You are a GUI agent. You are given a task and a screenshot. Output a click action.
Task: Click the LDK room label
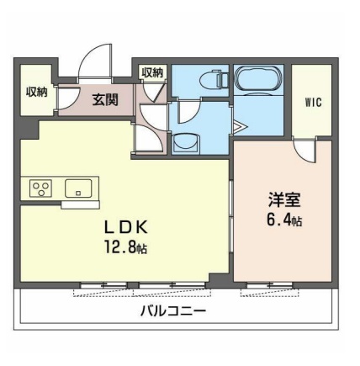pos(126,227)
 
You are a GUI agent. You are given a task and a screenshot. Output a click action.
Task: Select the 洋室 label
pos(280,202)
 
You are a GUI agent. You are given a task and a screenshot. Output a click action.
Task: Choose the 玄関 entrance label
pos(105,102)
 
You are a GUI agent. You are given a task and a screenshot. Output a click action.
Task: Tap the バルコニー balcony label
pos(172,311)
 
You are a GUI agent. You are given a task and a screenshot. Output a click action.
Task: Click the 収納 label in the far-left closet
pos(35,92)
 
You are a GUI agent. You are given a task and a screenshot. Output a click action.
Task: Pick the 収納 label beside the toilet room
pos(152,74)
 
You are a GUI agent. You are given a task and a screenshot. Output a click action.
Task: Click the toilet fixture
pos(210,81)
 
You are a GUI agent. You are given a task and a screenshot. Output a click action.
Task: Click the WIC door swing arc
pos(304,150)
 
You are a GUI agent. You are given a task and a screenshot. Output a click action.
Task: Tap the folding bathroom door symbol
pos(239,127)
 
